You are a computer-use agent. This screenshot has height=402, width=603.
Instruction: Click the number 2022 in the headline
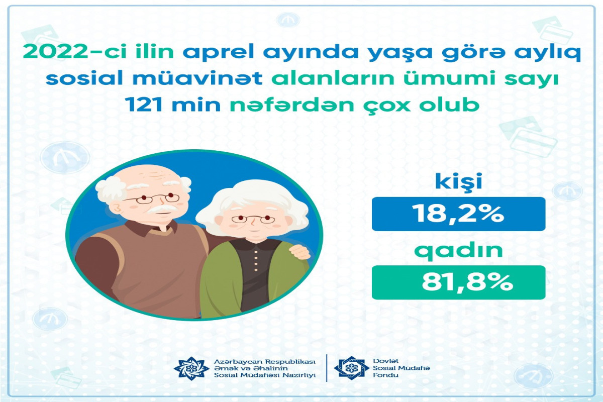(55, 52)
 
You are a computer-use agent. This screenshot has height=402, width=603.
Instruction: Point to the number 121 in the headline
(144, 105)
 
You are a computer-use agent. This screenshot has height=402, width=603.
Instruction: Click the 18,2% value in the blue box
(459, 214)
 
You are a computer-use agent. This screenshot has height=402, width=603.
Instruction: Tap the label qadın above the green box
(459, 251)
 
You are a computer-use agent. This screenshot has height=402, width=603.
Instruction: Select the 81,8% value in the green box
(467, 282)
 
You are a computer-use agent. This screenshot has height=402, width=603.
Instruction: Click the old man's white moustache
(161, 209)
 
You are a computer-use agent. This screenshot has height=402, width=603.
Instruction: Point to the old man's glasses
(152, 198)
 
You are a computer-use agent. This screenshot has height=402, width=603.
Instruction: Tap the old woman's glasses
(253, 219)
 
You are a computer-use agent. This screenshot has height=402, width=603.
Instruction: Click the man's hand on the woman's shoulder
(299, 251)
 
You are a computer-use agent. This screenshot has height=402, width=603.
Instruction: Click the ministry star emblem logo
(191, 368)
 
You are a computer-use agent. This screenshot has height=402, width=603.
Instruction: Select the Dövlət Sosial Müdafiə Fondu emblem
(351, 368)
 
